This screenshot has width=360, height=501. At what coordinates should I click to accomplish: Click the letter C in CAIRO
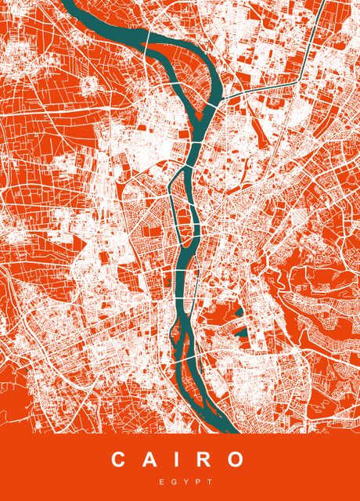pyautogui.click(x=119, y=460)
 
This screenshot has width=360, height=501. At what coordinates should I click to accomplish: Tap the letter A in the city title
pyautogui.click(x=149, y=460)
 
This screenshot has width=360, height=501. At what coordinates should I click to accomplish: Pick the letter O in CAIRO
pyautogui.click(x=236, y=460)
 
